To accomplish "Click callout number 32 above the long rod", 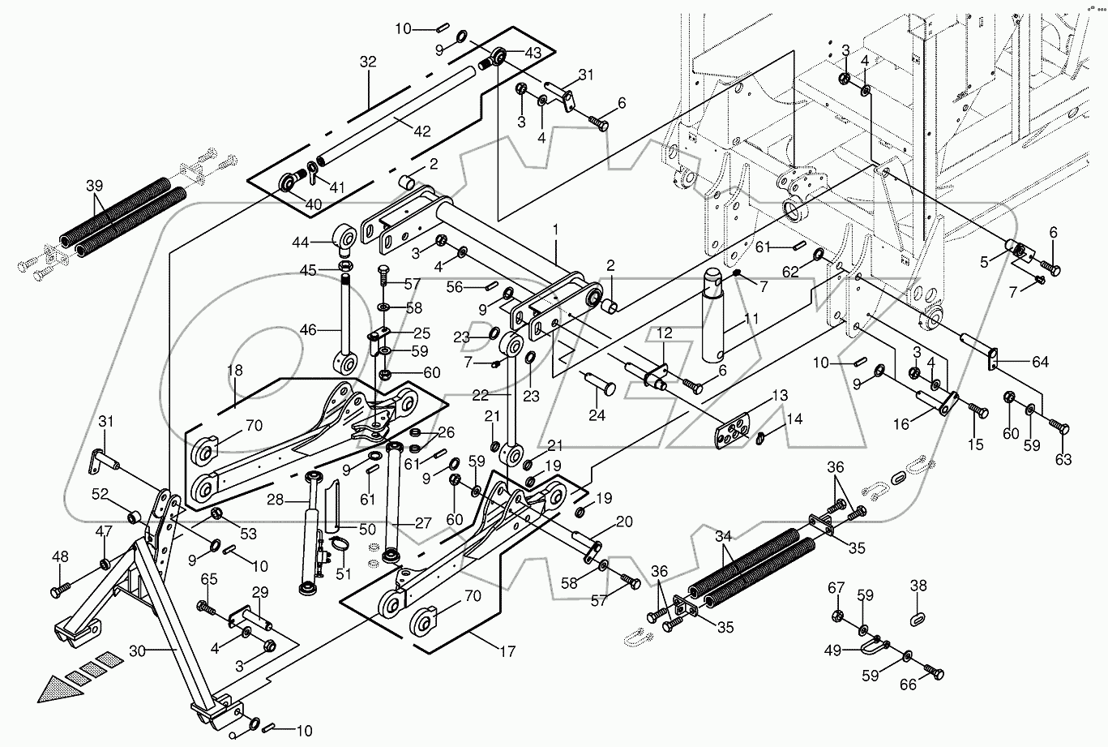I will point(369,62).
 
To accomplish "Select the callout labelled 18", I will point(235,371).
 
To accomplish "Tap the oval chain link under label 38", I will point(918,618).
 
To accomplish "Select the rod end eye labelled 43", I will point(496,58).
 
